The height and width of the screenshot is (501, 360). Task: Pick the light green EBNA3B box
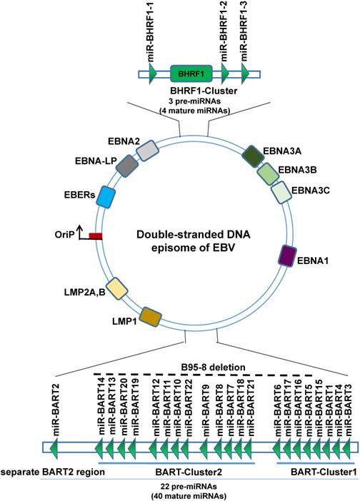pos(269,173)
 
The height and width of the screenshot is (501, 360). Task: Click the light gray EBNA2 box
pos(146,150)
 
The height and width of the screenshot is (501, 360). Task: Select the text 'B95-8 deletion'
pos(214,367)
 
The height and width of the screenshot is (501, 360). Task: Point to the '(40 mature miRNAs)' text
pos(192,495)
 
